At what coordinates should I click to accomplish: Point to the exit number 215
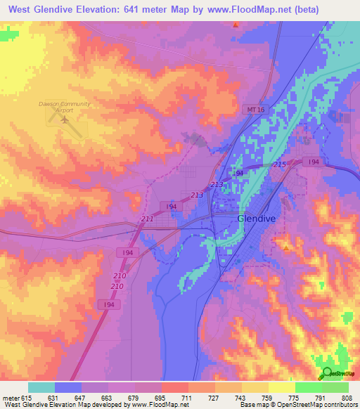click(279, 164)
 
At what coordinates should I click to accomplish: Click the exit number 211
click(148, 219)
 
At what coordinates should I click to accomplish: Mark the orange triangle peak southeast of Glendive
click(286, 247)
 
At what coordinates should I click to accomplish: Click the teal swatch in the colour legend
click(41, 387)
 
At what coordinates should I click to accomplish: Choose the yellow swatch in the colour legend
click(281, 387)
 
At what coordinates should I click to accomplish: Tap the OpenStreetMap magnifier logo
click(326, 373)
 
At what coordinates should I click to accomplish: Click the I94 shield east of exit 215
click(314, 162)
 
